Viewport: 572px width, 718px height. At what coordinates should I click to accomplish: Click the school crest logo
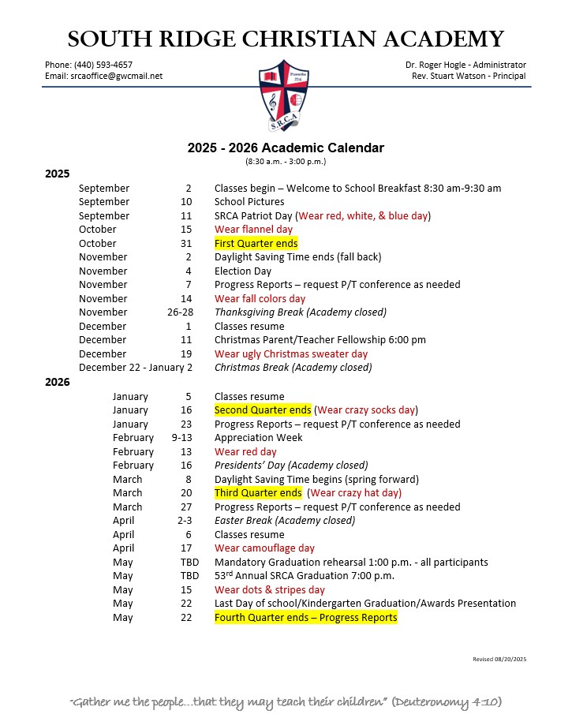click(x=286, y=97)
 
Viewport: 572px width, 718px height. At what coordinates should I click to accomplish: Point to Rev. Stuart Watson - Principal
click(x=469, y=76)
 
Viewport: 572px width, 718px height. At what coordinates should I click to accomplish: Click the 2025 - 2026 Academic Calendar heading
click(x=285, y=148)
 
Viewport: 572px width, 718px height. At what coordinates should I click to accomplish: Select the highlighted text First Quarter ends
click(x=256, y=243)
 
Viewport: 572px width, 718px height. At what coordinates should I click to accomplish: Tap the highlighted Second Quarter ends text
click(x=264, y=410)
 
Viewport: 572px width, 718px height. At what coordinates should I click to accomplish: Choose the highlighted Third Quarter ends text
click(x=257, y=493)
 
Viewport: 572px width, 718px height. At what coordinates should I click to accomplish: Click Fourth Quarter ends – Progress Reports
click(x=305, y=618)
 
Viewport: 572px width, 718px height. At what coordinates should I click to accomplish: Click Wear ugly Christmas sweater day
click(x=291, y=354)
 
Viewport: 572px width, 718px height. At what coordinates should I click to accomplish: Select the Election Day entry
click(x=243, y=271)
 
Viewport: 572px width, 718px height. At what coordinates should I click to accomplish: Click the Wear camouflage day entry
click(x=264, y=548)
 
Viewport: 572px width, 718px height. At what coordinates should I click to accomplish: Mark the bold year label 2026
click(x=58, y=382)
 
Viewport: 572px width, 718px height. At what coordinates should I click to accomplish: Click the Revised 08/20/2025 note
click(x=499, y=659)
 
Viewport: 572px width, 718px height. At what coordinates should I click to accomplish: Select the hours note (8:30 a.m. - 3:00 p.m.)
click(x=286, y=162)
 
